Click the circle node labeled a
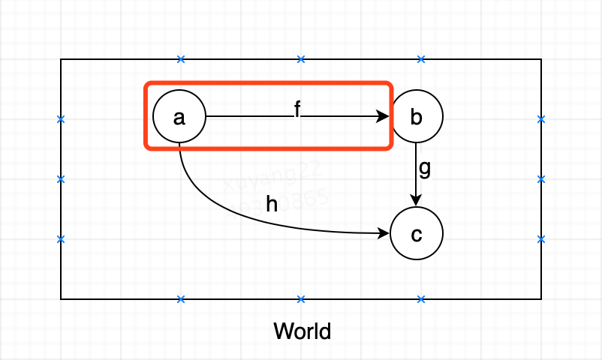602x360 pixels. click(179, 117)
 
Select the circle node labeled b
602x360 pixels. click(417, 117)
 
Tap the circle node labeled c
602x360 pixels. click(417, 234)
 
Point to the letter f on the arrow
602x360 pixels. click(297, 110)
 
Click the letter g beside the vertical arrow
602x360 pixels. click(425, 168)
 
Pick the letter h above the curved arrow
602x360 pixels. click(272, 204)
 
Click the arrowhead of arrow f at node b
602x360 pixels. click(384, 117)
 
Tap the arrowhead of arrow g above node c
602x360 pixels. click(417, 201)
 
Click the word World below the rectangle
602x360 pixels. click(302, 331)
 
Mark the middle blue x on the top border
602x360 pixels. click(301, 59)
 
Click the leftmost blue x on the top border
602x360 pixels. click(181, 59)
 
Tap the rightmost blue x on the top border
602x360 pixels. click(421, 59)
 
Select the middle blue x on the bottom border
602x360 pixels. click(301, 299)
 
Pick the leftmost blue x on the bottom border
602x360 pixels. click(181, 299)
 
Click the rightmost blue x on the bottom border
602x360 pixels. click(421, 299)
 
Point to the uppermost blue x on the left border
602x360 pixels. click(61, 119)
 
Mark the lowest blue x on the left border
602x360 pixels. click(61, 239)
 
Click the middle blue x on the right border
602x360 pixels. click(541, 179)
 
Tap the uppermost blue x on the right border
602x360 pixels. click(541, 119)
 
